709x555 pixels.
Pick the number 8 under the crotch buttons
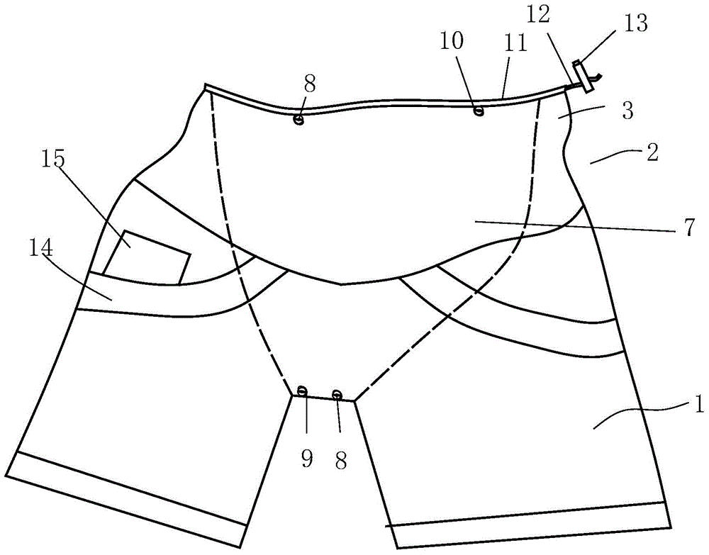341,461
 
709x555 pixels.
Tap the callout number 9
306,460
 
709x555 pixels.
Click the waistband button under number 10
479,110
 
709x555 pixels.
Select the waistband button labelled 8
299,120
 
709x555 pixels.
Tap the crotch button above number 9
302,391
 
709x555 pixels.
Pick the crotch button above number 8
337,394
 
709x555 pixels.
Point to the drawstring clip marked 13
583,77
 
